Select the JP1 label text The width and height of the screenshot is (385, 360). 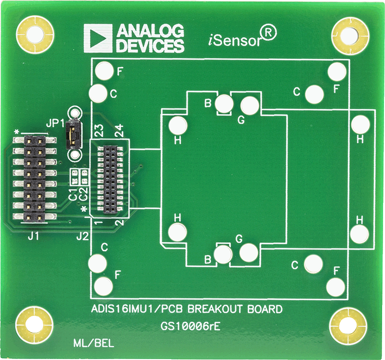click(55, 123)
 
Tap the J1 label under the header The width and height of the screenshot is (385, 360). click(33, 236)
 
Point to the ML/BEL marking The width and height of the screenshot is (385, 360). click(94, 344)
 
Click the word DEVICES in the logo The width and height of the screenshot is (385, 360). click(150, 46)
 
